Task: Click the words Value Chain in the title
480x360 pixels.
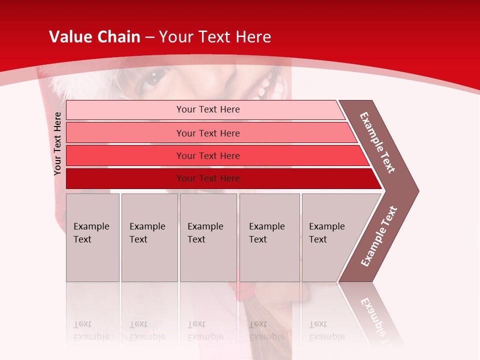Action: pyautogui.click(x=94, y=37)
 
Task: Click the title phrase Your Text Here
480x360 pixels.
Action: pyautogui.click(x=215, y=37)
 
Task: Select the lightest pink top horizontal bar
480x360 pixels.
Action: pyautogui.click(x=207, y=109)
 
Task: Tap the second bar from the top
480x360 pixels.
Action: pyautogui.click(x=207, y=133)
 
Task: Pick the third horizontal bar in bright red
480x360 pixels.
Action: pyautogui.click(x=207, y=155)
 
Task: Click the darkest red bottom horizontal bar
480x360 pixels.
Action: pyautogui.click(x=207, y=178)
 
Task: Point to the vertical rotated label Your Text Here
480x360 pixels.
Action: pyautogui.click(x=57, y=143)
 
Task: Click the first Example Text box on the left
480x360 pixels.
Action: pyautogui.click(x=92, y=237)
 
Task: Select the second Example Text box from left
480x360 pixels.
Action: pyautogui.click(x=149, y=237)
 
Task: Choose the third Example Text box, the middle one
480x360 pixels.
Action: pyautogui.click(x=208, y=237)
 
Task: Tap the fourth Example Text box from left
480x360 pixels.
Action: pyautogui.click(x=269, y=237)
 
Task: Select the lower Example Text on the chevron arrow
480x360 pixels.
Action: pyautogui.click(x=379, y=236)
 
